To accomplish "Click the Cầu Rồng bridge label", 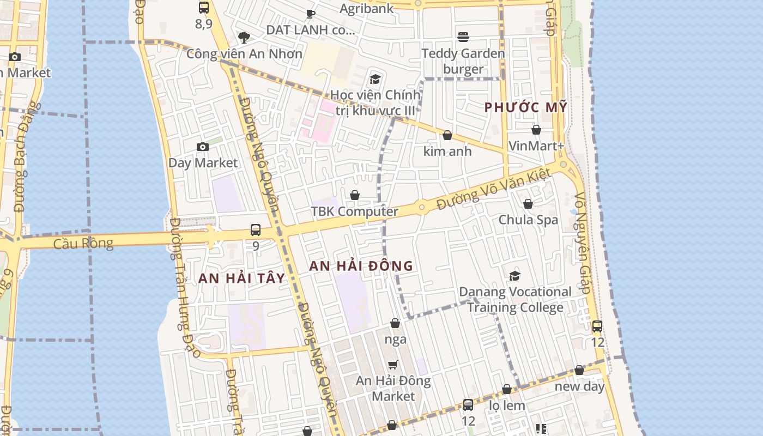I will (83, 243).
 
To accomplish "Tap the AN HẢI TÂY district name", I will (241, 278).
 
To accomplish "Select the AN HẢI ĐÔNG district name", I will (361, 266).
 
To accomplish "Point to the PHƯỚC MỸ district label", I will (526, 107).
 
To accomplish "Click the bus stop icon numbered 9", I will (256, 230).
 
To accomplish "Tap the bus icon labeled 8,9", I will (204, 8).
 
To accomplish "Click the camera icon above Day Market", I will (203, 147).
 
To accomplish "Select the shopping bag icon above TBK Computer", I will (355, 195).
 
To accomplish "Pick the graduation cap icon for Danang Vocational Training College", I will (514, 276).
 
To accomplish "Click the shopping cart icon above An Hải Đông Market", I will (393, 365).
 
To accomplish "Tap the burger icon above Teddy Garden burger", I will (463, 37).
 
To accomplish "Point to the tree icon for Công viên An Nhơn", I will (244, 37).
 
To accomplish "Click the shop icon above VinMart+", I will (536, 130).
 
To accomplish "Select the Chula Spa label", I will (529, 220).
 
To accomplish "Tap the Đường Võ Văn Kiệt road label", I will (494, 190).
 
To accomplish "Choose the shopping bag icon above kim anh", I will (447, 135).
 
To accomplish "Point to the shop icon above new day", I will (579, 371).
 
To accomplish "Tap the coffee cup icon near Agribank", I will (310, 13).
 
